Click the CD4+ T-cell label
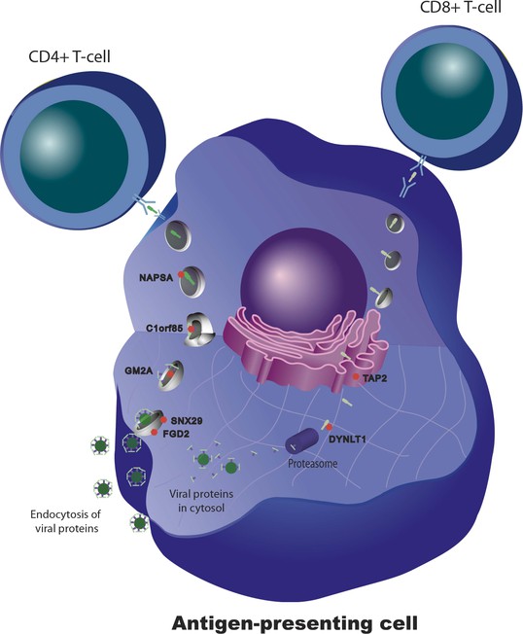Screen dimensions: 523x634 point(69,56)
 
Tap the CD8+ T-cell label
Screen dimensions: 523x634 point(461,7)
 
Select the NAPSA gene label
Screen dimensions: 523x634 point(156,278)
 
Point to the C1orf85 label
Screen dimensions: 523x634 point(164,329)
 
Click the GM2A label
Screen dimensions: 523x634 point(139,370)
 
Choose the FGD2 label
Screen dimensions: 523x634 point(176,435)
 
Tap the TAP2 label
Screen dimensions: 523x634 point(374,379)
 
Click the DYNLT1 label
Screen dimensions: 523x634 point(347,439)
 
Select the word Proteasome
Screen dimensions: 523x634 point(312,464)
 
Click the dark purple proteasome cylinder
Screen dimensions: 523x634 point(302,440)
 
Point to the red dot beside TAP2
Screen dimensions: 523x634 point(356,377)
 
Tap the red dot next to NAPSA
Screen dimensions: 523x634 point(181,274)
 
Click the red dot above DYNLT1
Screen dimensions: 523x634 point(329,428)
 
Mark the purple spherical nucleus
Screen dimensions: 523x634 point(303,279)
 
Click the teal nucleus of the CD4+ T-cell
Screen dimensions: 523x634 point(75,157)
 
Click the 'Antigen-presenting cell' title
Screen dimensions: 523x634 point(295,623)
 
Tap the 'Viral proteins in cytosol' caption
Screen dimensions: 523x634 point(201,500)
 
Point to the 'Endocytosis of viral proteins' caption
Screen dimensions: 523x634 point(65,521)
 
